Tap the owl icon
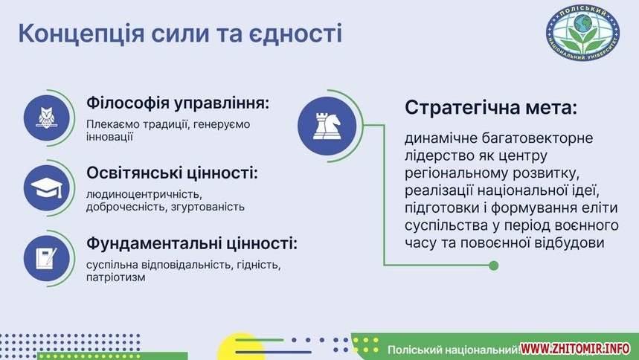tap(46, 118)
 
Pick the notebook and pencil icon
tap(46, 258)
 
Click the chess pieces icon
tap(327, 126)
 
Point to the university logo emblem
tap(582, 33)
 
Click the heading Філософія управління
tap(178, 103)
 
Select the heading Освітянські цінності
tap(173, 173)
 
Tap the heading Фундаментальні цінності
tap(192, 244)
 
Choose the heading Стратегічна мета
tap(491, 108)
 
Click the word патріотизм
tap(116, 277)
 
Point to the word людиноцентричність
tap(144, 194)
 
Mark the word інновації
tap(109, 137)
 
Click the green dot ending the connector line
tap(493, 266)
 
